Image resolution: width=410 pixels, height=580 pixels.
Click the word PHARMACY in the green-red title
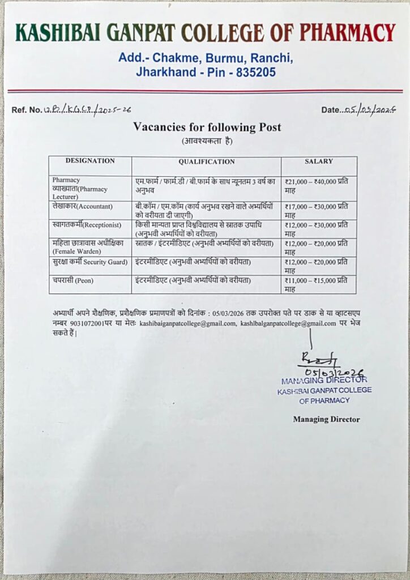347,33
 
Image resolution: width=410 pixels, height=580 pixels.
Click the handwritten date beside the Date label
369,110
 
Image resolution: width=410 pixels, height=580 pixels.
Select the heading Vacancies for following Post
207,127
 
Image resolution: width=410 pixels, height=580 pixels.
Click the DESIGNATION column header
90,161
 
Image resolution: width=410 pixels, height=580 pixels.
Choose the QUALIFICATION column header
206,161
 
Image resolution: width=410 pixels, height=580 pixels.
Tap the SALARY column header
319,161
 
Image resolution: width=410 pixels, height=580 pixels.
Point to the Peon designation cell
74,281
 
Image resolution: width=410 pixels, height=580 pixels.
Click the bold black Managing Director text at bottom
326,419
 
